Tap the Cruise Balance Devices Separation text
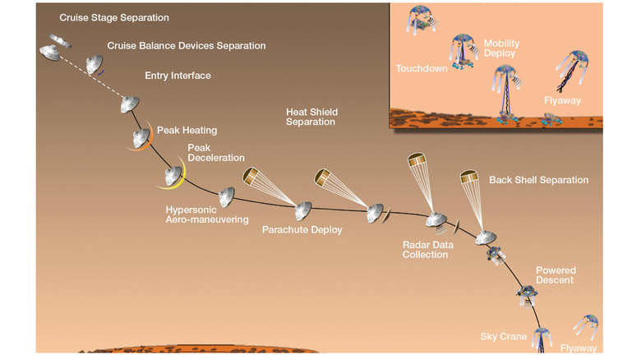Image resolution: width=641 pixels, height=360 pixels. pos(186,46)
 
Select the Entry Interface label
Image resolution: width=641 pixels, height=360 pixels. pos(178,76)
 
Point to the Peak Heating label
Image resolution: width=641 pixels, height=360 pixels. pos(186,130)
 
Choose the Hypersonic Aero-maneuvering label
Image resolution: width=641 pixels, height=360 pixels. pos(207,215)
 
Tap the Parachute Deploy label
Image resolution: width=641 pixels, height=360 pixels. pos(302,230)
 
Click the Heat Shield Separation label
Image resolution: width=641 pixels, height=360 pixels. pos(311,117)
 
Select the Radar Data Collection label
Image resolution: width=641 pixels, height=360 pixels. pos(425,249)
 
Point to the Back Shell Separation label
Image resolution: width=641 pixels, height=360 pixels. pos(538,180)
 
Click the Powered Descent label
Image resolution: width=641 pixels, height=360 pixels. pos(556,275)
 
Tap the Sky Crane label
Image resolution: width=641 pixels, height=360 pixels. pos(502,337)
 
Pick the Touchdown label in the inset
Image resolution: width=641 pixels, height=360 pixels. pos(421,69)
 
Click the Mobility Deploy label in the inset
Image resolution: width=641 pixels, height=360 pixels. pos(500,48)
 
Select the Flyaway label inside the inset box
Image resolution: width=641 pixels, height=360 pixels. pos(562,100)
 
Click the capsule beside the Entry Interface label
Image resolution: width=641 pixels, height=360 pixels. pos(128,104)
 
